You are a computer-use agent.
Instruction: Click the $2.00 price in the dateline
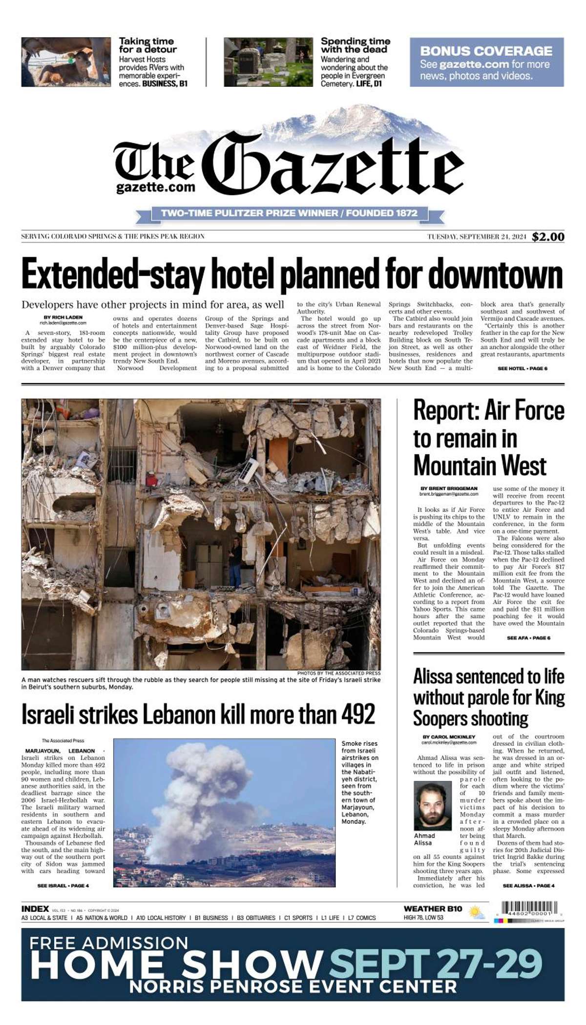(548, 237)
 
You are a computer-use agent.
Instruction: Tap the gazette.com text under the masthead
(156, 187)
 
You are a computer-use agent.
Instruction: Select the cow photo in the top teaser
(65, 62)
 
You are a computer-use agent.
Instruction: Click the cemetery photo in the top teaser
(268, 62)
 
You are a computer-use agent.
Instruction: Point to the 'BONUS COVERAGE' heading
(486, 51)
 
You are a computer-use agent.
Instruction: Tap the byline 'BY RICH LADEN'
(63, 317)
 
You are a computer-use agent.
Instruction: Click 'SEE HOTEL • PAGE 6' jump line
(522, 369)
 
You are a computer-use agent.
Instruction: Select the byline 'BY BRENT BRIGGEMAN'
(449, 488)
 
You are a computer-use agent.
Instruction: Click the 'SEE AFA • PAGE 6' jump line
(528, 638)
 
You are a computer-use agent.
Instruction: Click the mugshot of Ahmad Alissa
(432, 805)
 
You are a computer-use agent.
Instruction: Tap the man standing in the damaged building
(235, 561)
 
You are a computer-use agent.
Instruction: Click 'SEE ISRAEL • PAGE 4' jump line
(63, 885)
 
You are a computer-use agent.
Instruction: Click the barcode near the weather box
(530, 908)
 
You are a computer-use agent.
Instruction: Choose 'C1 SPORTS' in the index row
(298, 918)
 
